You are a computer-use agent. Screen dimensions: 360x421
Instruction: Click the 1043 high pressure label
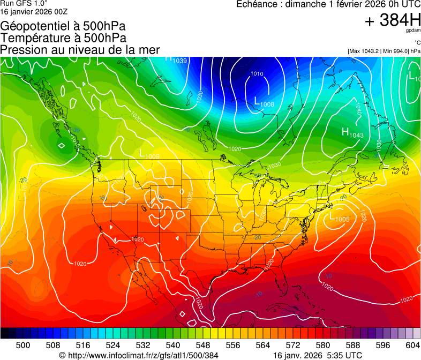point(353,133)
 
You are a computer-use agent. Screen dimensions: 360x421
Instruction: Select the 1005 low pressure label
point(339,217)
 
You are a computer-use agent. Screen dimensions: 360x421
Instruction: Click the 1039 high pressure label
point(177,60)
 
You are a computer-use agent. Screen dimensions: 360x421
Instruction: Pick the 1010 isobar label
point(257,74)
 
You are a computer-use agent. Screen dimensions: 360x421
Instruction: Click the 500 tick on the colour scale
point(23,345)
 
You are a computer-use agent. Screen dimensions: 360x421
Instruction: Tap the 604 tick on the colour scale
point(413,345)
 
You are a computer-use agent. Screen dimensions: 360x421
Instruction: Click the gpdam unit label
point(413,31)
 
